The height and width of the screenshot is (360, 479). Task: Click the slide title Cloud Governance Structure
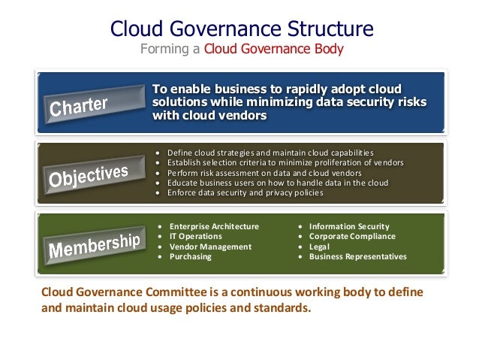pos(242,29)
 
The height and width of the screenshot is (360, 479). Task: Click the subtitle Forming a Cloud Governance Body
pos(242,51)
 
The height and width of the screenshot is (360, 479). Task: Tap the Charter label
pos(79,107)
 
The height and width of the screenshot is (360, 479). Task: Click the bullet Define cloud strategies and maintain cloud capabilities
pos(270,152)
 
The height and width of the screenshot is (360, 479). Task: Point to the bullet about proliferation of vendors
pos(285,162)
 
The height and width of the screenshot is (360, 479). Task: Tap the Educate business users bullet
pos(277,183)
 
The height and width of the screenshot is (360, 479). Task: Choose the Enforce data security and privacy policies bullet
pos(246,193)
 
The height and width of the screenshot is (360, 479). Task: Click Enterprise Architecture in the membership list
pos(214,226)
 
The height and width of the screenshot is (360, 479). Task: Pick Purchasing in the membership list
pos(191,256)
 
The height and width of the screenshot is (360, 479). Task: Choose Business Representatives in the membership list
pos(357,256)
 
